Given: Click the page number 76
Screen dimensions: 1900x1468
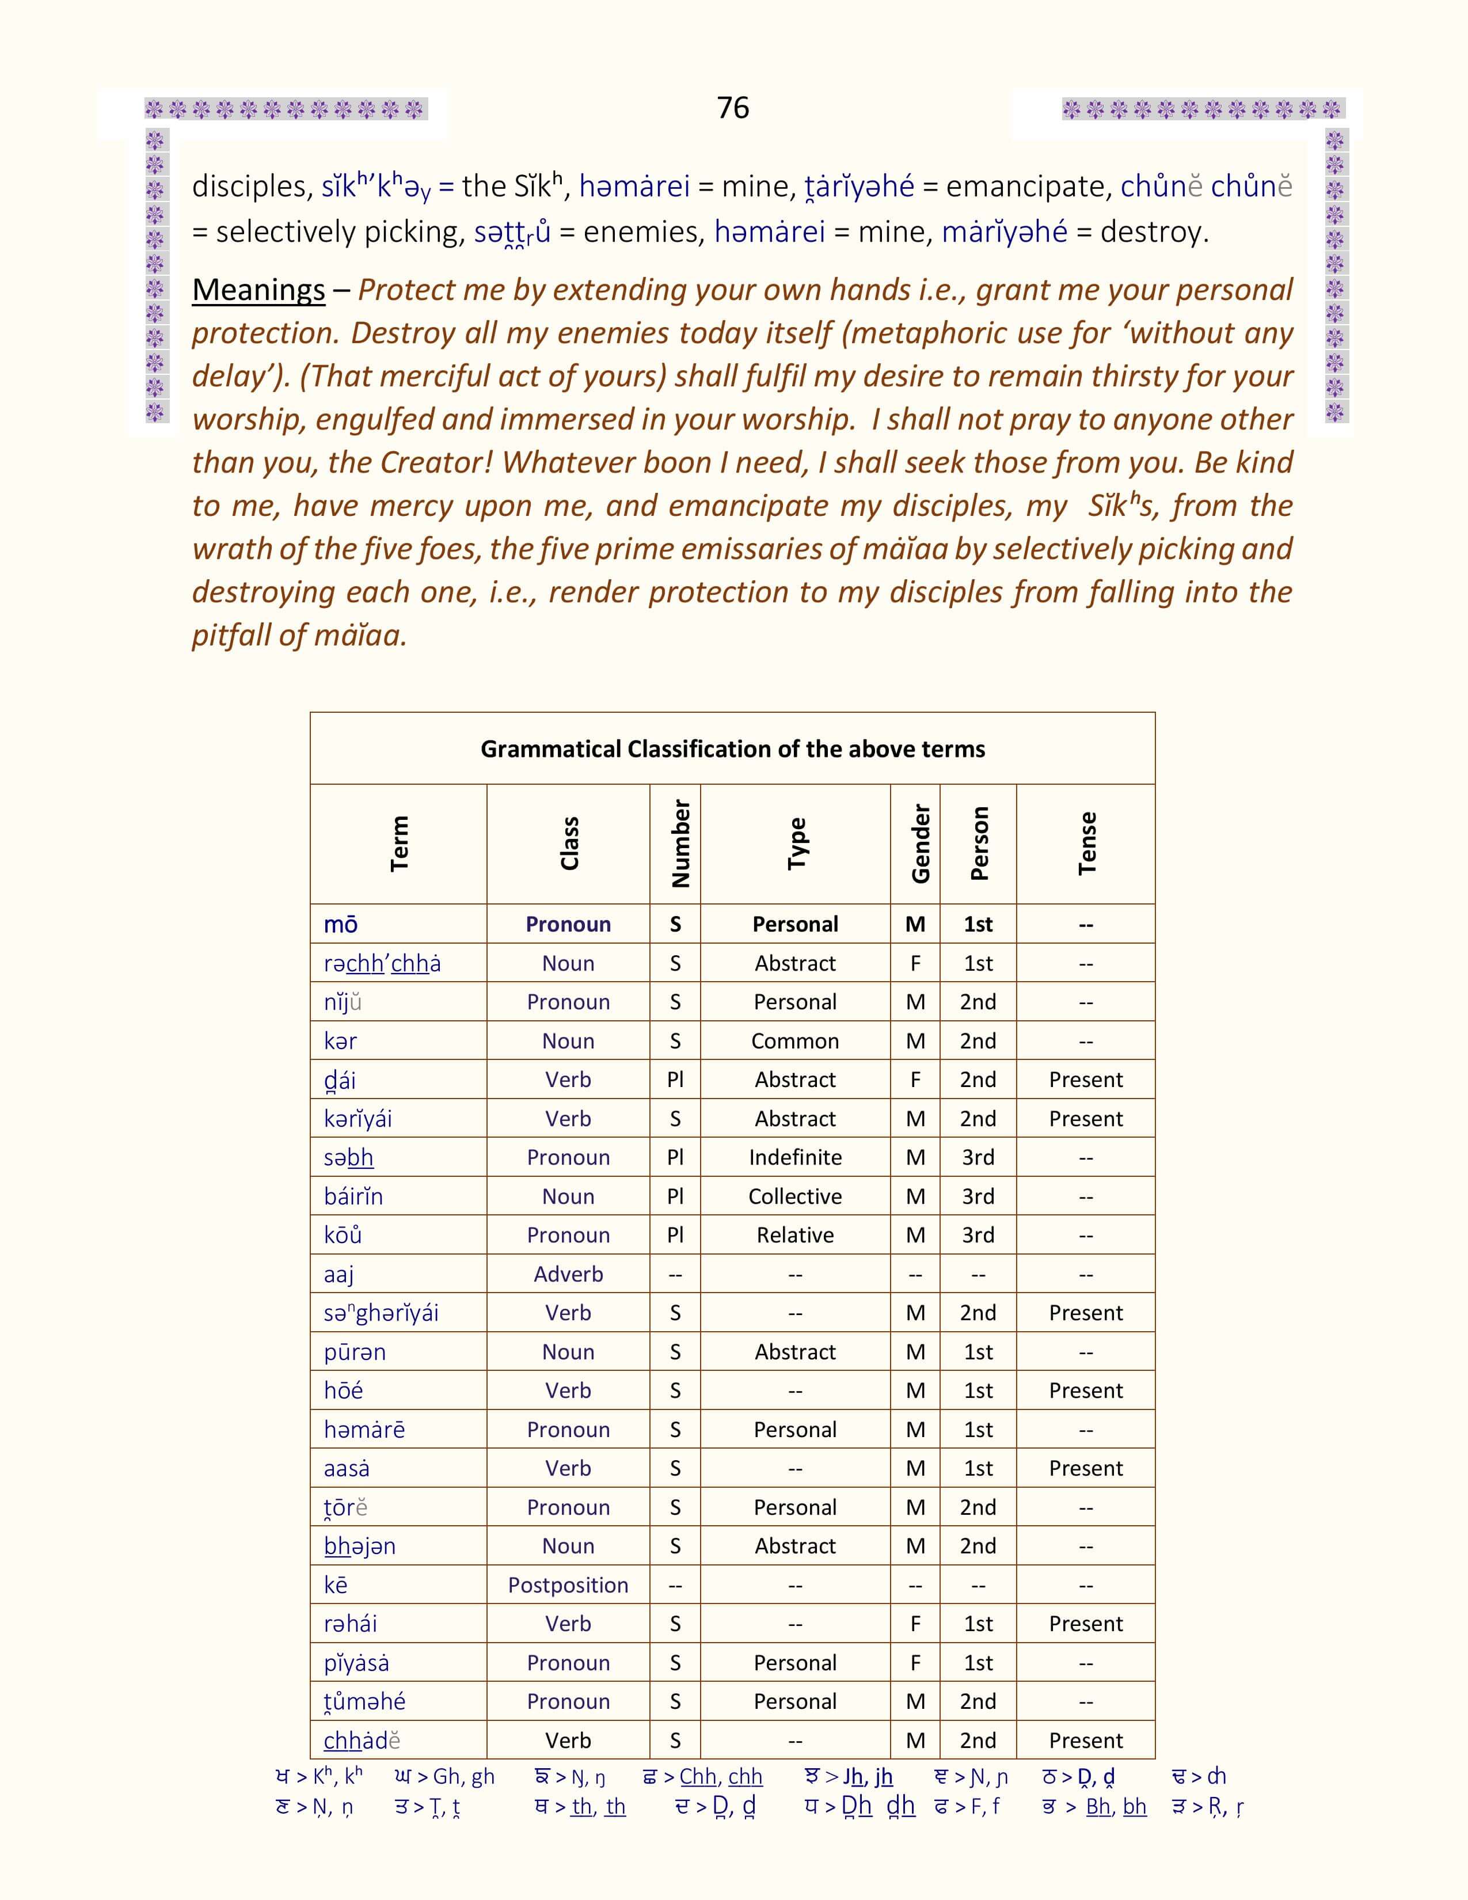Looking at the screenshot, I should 732,108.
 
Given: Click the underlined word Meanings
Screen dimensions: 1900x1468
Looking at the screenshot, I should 258,290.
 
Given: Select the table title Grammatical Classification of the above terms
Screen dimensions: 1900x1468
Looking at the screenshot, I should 732,749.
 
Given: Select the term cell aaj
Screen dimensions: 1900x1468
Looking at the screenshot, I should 339,1275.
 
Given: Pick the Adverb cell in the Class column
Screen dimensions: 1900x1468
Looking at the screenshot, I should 568,1275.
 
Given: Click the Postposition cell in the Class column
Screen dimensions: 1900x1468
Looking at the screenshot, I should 568,1585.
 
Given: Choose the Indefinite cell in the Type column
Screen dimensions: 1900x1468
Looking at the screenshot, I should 795,1158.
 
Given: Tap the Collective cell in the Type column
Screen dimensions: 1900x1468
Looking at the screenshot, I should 795,1197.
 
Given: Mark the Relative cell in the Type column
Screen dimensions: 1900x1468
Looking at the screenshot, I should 795,1236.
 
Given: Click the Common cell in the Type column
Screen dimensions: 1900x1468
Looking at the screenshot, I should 795,1042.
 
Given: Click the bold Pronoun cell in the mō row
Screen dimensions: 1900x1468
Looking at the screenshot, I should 568,925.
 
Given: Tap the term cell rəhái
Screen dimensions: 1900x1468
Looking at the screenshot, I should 351,1624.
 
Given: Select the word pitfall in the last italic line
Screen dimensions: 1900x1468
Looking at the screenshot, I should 231,635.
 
